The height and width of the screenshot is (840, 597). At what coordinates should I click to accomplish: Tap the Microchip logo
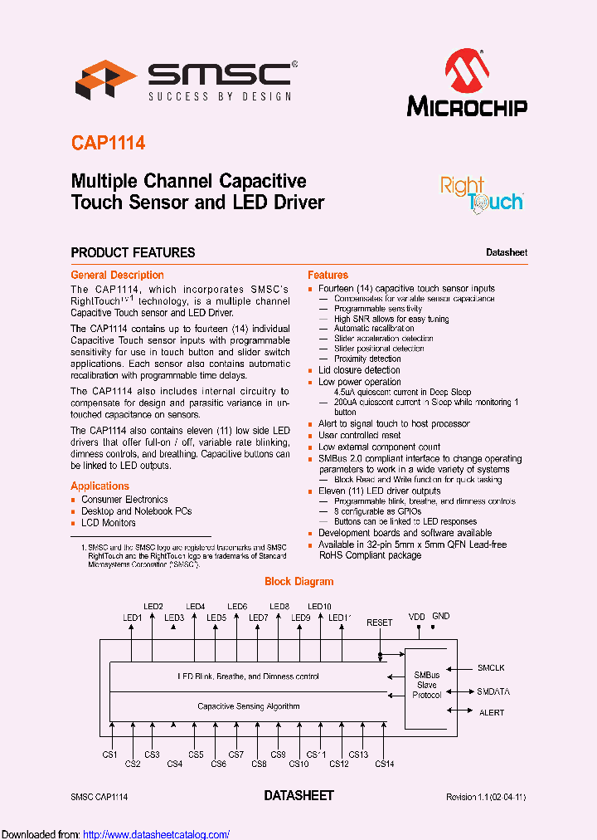(467, 83)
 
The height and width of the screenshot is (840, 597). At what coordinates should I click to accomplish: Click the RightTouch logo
(481, 194)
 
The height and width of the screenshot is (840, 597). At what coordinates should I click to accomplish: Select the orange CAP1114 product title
(108, 143)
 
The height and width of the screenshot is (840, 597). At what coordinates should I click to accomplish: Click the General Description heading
(117, 275)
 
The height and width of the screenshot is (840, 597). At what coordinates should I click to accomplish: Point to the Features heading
(328, 275)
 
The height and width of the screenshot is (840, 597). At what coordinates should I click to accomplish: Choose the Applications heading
(99, 486)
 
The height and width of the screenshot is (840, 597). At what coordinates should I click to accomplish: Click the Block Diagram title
(298, 582)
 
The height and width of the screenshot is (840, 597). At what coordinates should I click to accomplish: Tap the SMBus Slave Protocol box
(427, 685)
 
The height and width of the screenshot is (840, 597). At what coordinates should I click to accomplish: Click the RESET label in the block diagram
(380, 623)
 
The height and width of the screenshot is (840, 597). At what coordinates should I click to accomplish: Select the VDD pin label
(416, 617)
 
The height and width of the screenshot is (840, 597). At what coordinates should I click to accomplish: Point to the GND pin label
(441, 616)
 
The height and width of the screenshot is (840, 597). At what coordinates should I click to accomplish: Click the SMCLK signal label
(491, 667)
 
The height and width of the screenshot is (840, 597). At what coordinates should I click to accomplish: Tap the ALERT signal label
(492, 712)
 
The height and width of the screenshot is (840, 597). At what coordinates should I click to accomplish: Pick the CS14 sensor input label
(384, 764)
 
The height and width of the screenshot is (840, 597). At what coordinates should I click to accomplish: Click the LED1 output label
(133, 618)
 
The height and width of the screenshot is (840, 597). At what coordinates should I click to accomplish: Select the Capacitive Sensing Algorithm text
(249, 706)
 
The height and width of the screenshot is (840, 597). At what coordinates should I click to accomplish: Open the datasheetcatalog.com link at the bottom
(157, 834)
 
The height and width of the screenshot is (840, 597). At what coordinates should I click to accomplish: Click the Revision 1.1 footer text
(486, 797)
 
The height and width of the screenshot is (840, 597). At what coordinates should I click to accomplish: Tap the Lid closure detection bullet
(359, 370)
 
